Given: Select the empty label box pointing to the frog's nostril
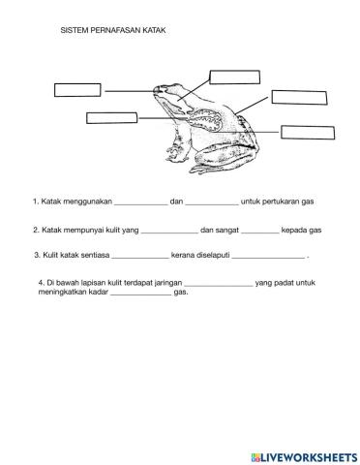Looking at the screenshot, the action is tap(77, 90).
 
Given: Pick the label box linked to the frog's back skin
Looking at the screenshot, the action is tap(299, 98).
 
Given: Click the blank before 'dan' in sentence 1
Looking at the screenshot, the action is tap(141, 204).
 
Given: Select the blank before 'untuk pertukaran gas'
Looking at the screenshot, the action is tap(212, 204).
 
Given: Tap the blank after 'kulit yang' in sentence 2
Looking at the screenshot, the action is tap(169, 232).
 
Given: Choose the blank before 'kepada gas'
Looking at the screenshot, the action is tap(260, 232).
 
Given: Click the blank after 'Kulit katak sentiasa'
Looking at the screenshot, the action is tap(140, 258).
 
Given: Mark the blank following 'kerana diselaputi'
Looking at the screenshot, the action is tap(268, 258).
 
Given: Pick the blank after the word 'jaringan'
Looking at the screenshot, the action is tap(219, 286).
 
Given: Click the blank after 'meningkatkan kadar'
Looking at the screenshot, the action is tap(141, 294).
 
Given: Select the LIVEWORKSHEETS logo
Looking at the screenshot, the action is tap(304, 457).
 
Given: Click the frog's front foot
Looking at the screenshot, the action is tap(176, 154).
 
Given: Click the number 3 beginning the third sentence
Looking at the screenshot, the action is tap(37, 255).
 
